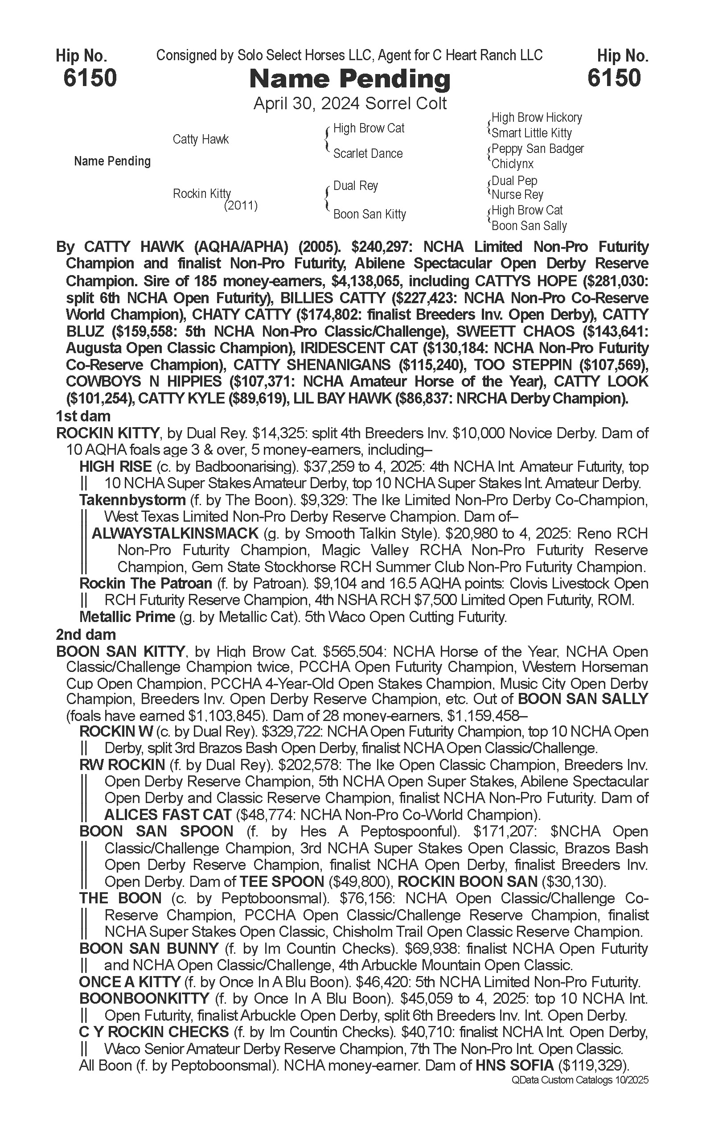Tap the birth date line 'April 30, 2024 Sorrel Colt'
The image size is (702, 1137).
(349, 103)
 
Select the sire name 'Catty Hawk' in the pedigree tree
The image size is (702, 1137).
(201, 139)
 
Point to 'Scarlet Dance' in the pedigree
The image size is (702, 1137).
(368, 154)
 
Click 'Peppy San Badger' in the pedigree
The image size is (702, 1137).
(537, 148)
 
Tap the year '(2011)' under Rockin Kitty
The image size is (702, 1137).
(241, 206)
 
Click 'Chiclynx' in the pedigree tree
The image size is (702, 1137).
(513, 164)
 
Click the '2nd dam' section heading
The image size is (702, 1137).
(86, 634)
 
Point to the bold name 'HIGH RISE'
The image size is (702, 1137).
(115, 466)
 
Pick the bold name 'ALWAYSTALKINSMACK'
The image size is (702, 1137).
(175, 533)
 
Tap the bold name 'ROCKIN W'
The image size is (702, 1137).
(116, 732)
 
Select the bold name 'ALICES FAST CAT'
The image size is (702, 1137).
(168, 815)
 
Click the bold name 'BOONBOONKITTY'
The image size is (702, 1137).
(144, 998)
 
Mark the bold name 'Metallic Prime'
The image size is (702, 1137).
(127, 617)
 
